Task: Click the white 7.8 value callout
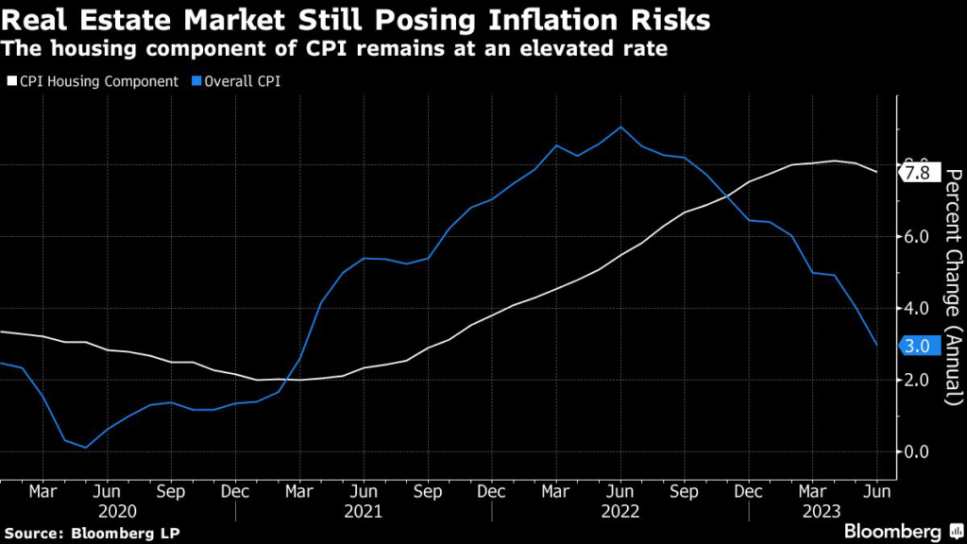pos(916,173)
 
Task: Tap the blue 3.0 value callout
pos(916,346)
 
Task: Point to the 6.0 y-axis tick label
pos(916,236)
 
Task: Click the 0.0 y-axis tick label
pos(916,451)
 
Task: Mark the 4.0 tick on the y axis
pos(916,308)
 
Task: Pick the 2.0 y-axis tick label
pos(916,380)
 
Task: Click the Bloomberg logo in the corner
pos(891,531)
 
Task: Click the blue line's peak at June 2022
pos(619,127)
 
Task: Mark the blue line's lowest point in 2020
pos(85,447)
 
